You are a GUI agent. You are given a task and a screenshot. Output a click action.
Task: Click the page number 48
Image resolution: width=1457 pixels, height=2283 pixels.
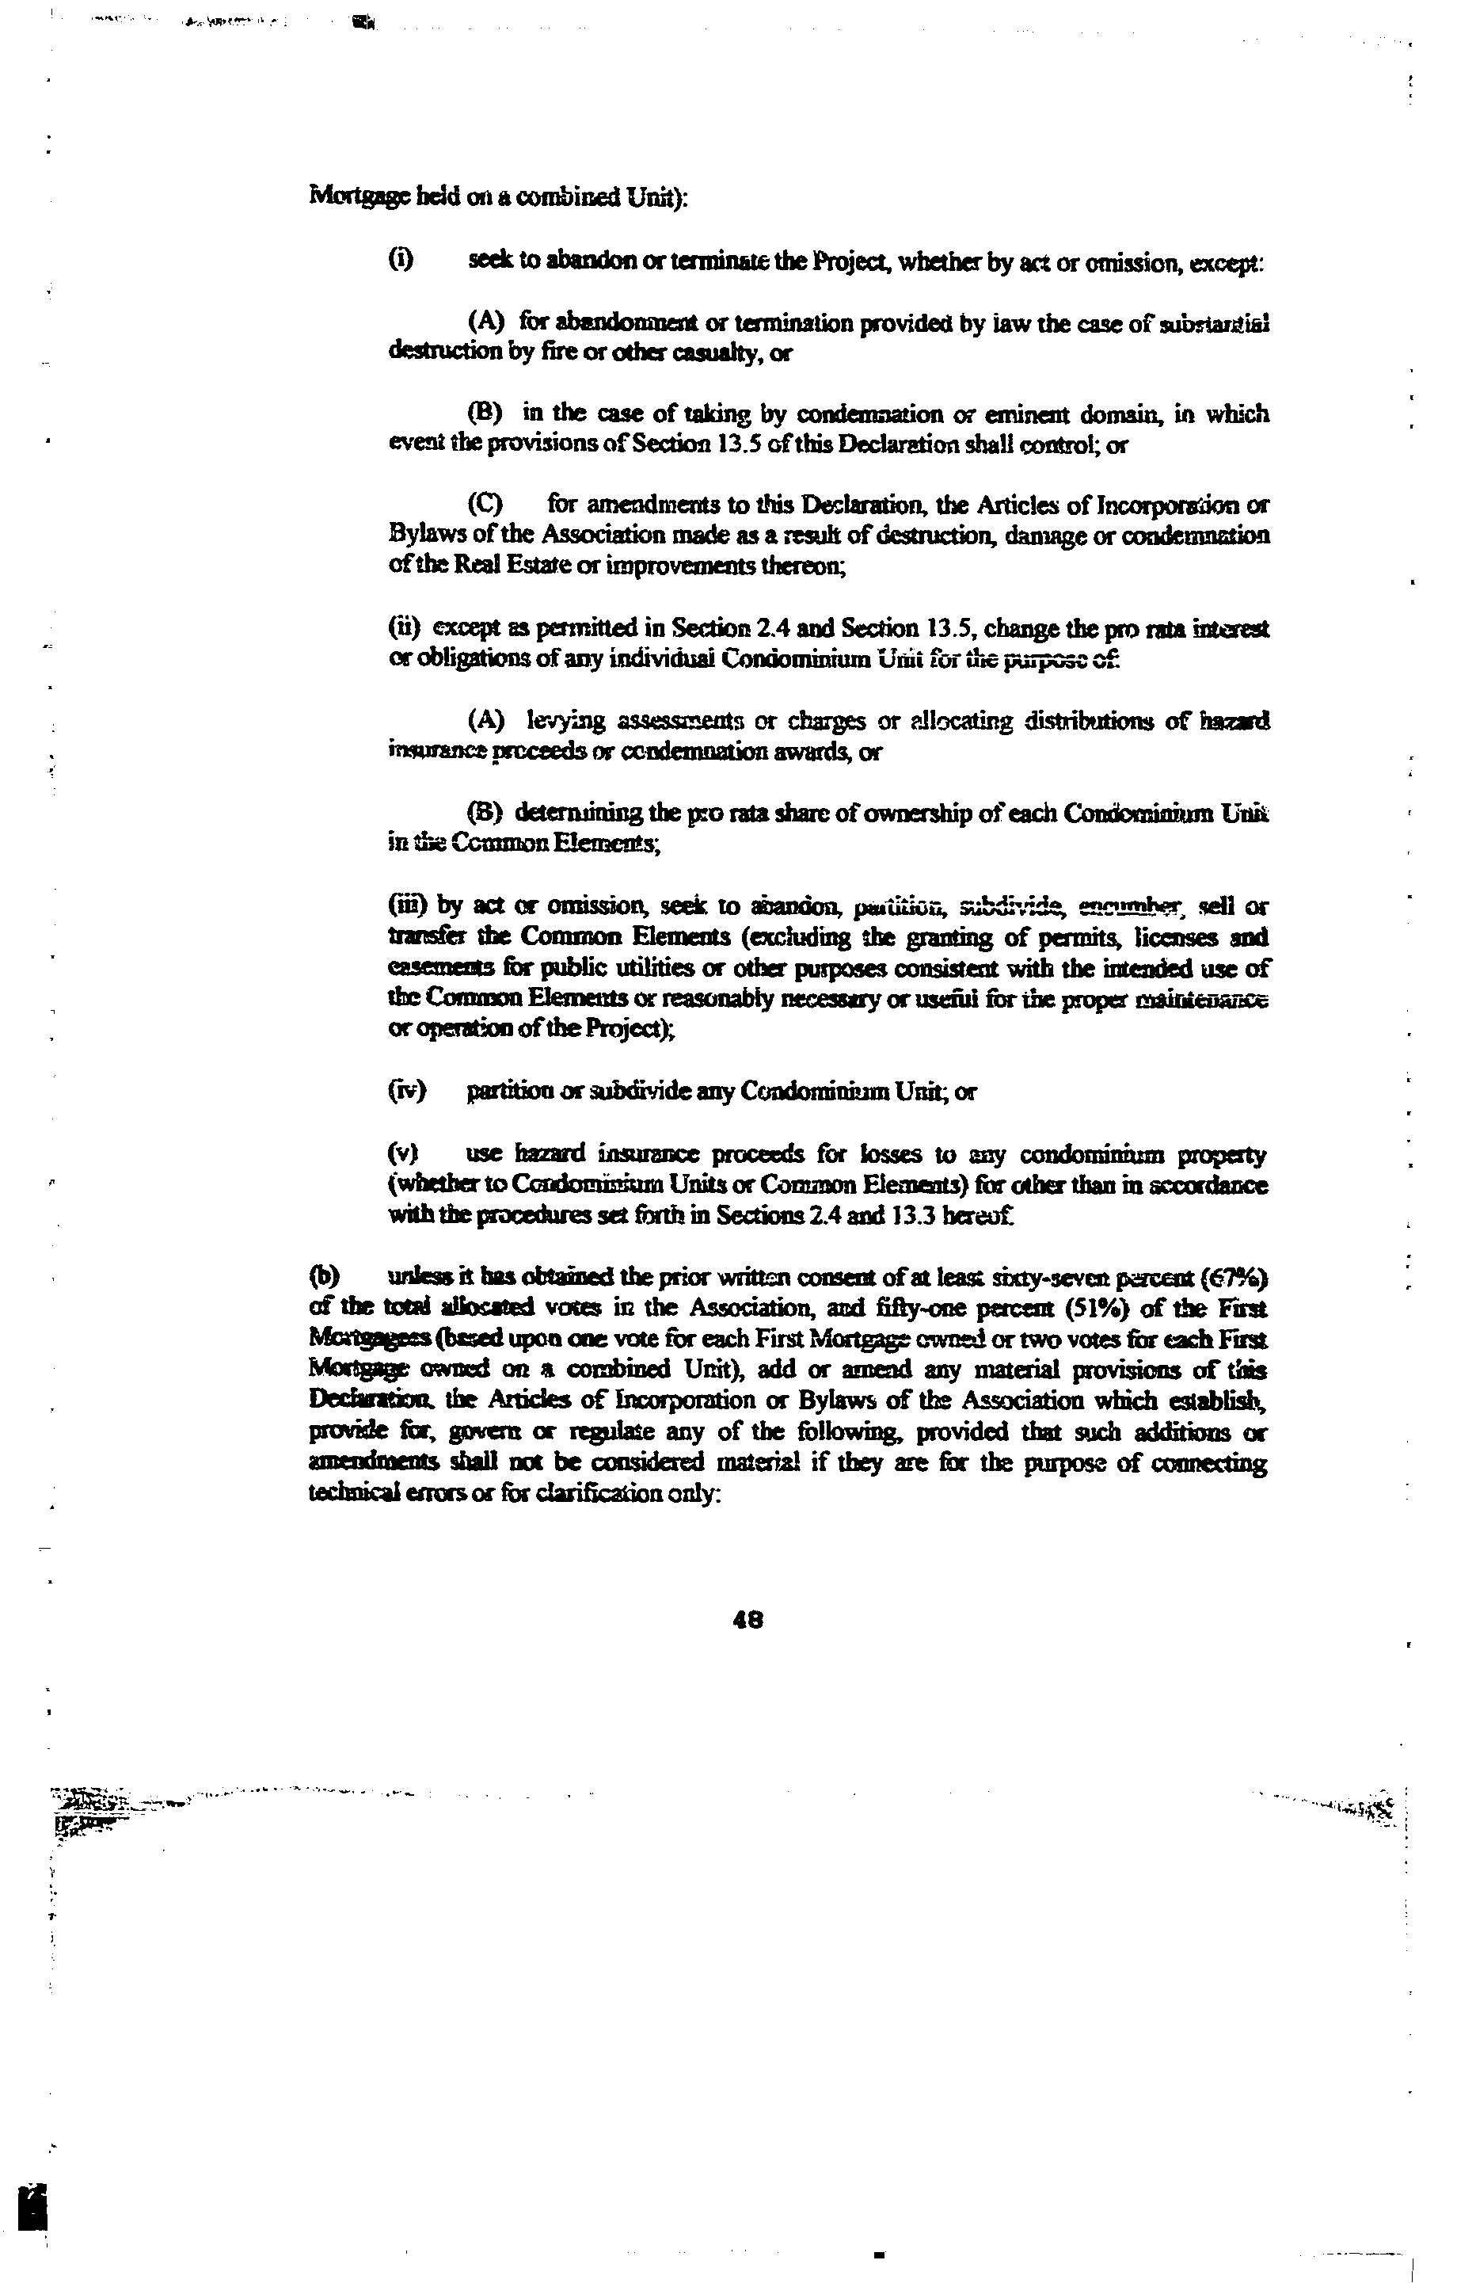point(748,1620)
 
